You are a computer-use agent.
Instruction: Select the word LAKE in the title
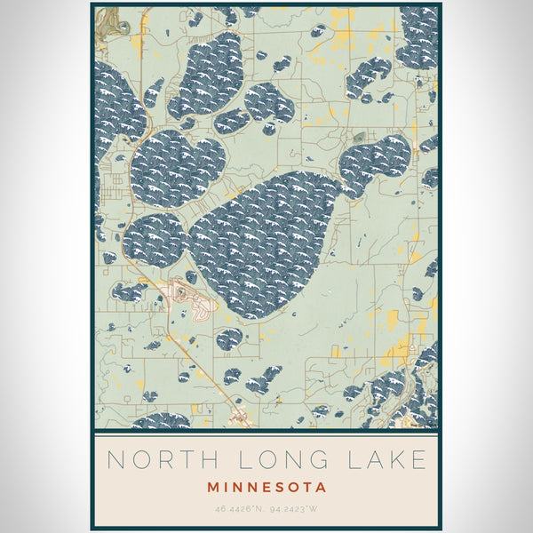coord(384,459)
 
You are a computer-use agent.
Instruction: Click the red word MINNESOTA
coord(266,487)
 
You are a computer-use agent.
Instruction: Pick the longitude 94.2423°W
coord(295,509)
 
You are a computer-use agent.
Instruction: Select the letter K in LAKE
coord(394,459)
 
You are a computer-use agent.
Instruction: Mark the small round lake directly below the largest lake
coord(229,338)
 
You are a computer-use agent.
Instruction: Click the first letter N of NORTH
coord(115,459)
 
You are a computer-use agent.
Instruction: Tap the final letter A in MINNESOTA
coord(322,487)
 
